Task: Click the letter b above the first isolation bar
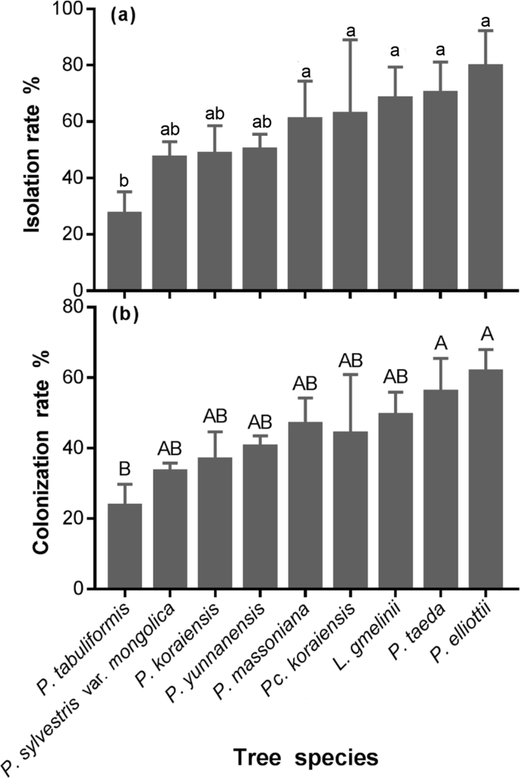point(124,180)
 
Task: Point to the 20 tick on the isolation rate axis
point(80,235)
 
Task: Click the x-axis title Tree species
point(304,757)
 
